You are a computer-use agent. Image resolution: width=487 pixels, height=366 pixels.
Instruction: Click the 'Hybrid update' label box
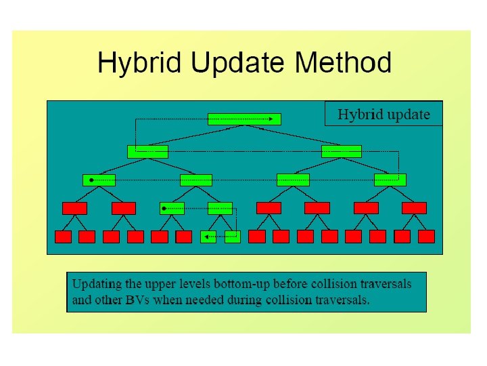tap(383, 114)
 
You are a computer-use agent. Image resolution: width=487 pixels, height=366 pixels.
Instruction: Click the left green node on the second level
tap(147, 151)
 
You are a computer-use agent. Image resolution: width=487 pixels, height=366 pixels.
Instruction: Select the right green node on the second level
tap(342, 151)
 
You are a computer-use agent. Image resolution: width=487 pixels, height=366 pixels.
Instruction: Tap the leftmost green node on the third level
tap(99, 180)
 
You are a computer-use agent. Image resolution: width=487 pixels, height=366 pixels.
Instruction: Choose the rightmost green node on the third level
tap(390, 180)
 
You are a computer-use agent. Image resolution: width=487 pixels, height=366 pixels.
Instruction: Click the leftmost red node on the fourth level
tap(74, 208)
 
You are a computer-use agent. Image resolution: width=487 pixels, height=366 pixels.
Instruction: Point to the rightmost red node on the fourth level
tap(414, 208)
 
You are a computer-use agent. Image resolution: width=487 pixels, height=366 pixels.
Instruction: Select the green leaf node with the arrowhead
tap(208, 237)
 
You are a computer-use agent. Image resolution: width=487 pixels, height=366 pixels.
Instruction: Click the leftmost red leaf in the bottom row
tap(63, 237)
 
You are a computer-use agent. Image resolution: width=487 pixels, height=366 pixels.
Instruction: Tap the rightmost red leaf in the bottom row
tap(426, 237)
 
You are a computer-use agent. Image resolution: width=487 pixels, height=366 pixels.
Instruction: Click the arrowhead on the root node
tap(271, 119)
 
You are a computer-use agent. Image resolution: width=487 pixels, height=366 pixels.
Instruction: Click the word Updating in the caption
tap(98, 283)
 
